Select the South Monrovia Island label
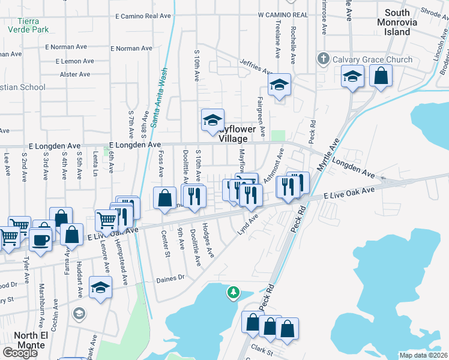click(x=397, y=22)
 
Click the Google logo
click(x=19, y=352)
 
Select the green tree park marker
click(x=233, y=293)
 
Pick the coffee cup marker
click(x=41, y=241)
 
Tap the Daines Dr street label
click(x=170, y=278)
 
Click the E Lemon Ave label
click(x=74, y=61)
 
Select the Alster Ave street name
click(x=75, y=74)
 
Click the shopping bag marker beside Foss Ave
click(x=164, y=198)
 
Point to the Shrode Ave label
click(x=430, y=10)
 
